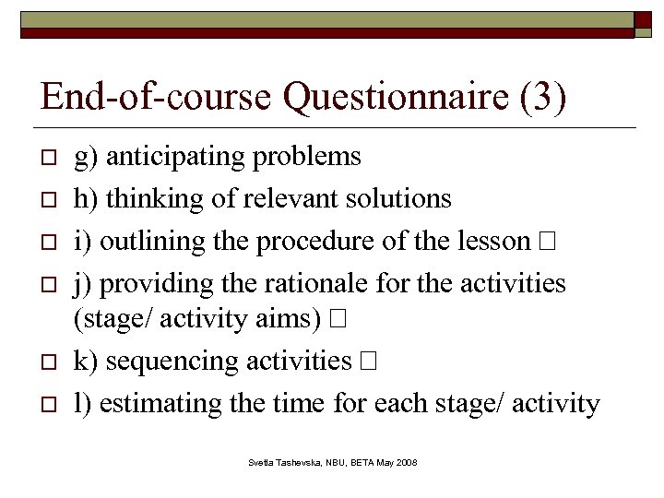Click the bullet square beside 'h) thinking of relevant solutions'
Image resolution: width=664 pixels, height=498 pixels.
(x=52, y=200)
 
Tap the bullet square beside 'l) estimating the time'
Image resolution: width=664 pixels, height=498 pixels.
(x=52, y=404)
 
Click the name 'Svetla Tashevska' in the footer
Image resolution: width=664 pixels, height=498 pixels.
(x=283, y=461)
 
